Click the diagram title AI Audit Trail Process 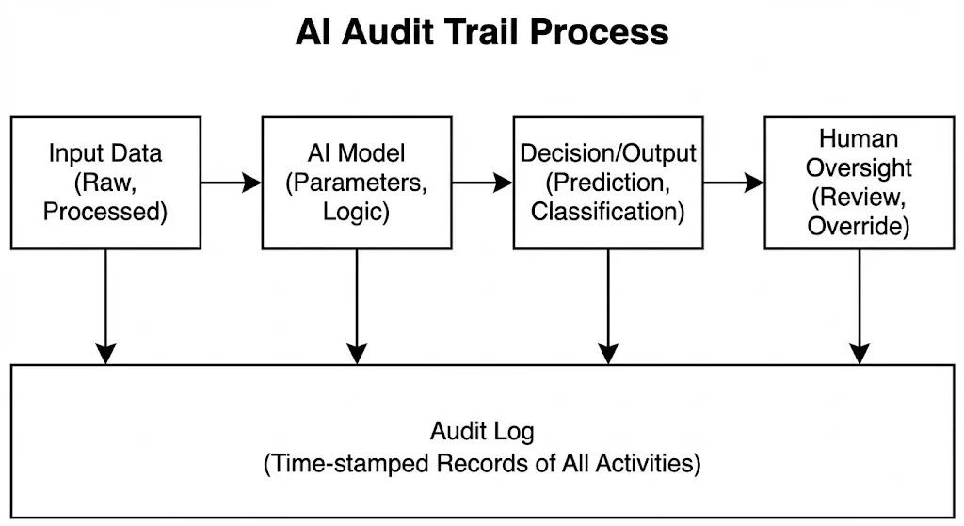[x=482, y=32]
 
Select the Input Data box [x=105, y=183]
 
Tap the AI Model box [x=356, y=183]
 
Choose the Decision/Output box [x=607, y=183]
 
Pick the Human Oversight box [x=858, y=183]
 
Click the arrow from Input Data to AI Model [x=231, y=183]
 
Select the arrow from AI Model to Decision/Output [x=481, y=183]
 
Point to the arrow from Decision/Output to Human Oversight [x=732, y=183]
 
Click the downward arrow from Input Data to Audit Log [x=105, y=306]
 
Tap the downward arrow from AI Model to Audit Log [x=356, y=306]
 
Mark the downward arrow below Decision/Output [x=608, y=306]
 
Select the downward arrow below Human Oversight [x=859, y=306]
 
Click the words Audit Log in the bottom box [x=482, y=432]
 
